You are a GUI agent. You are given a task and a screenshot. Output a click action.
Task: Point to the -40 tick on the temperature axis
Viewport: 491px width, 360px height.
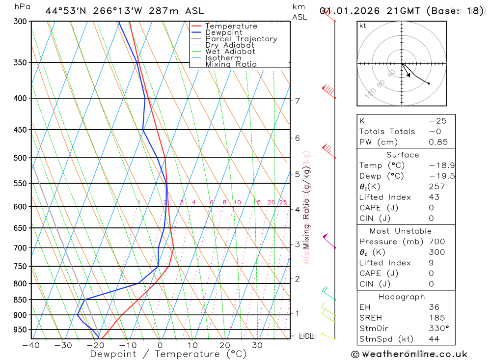(31, 345)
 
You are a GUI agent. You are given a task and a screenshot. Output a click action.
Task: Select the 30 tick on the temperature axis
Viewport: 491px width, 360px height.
(257, 345)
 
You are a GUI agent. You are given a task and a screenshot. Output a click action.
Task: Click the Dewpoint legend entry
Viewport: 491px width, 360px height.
(223, 32)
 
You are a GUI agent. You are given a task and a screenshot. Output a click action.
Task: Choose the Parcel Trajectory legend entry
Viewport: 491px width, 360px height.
(241, 39)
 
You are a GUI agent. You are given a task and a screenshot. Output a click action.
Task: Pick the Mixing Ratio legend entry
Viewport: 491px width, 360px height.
(231, 64)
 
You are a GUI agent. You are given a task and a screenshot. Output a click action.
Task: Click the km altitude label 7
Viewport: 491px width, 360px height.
(297, 101)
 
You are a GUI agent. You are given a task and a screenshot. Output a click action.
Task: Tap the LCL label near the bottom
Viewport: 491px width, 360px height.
(306, 336)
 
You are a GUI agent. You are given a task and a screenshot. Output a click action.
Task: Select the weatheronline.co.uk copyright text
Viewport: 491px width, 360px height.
(409, 354)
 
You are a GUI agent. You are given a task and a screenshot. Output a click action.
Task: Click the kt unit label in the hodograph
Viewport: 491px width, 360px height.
(363, 26)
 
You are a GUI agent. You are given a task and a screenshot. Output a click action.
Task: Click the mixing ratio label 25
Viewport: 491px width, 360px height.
(283, 202)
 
